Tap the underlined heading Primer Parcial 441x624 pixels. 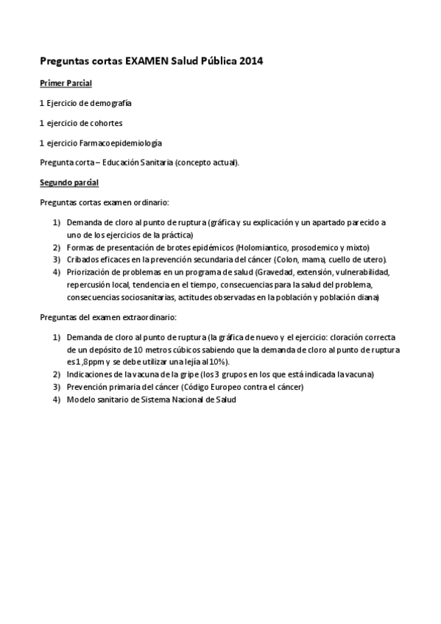pyautogui.click(x=66, y=84)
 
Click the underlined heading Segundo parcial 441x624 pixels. pyautogui.click(x=69, y=182)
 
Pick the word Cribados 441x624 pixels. pyautogui.click(x=82, y=260)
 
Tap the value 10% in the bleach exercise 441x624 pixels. pyautogui.click(x=218, y=361)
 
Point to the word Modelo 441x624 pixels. pyautogui.click(x=80, y=400)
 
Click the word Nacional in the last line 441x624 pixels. pyautogui.click(x=192, y=400)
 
